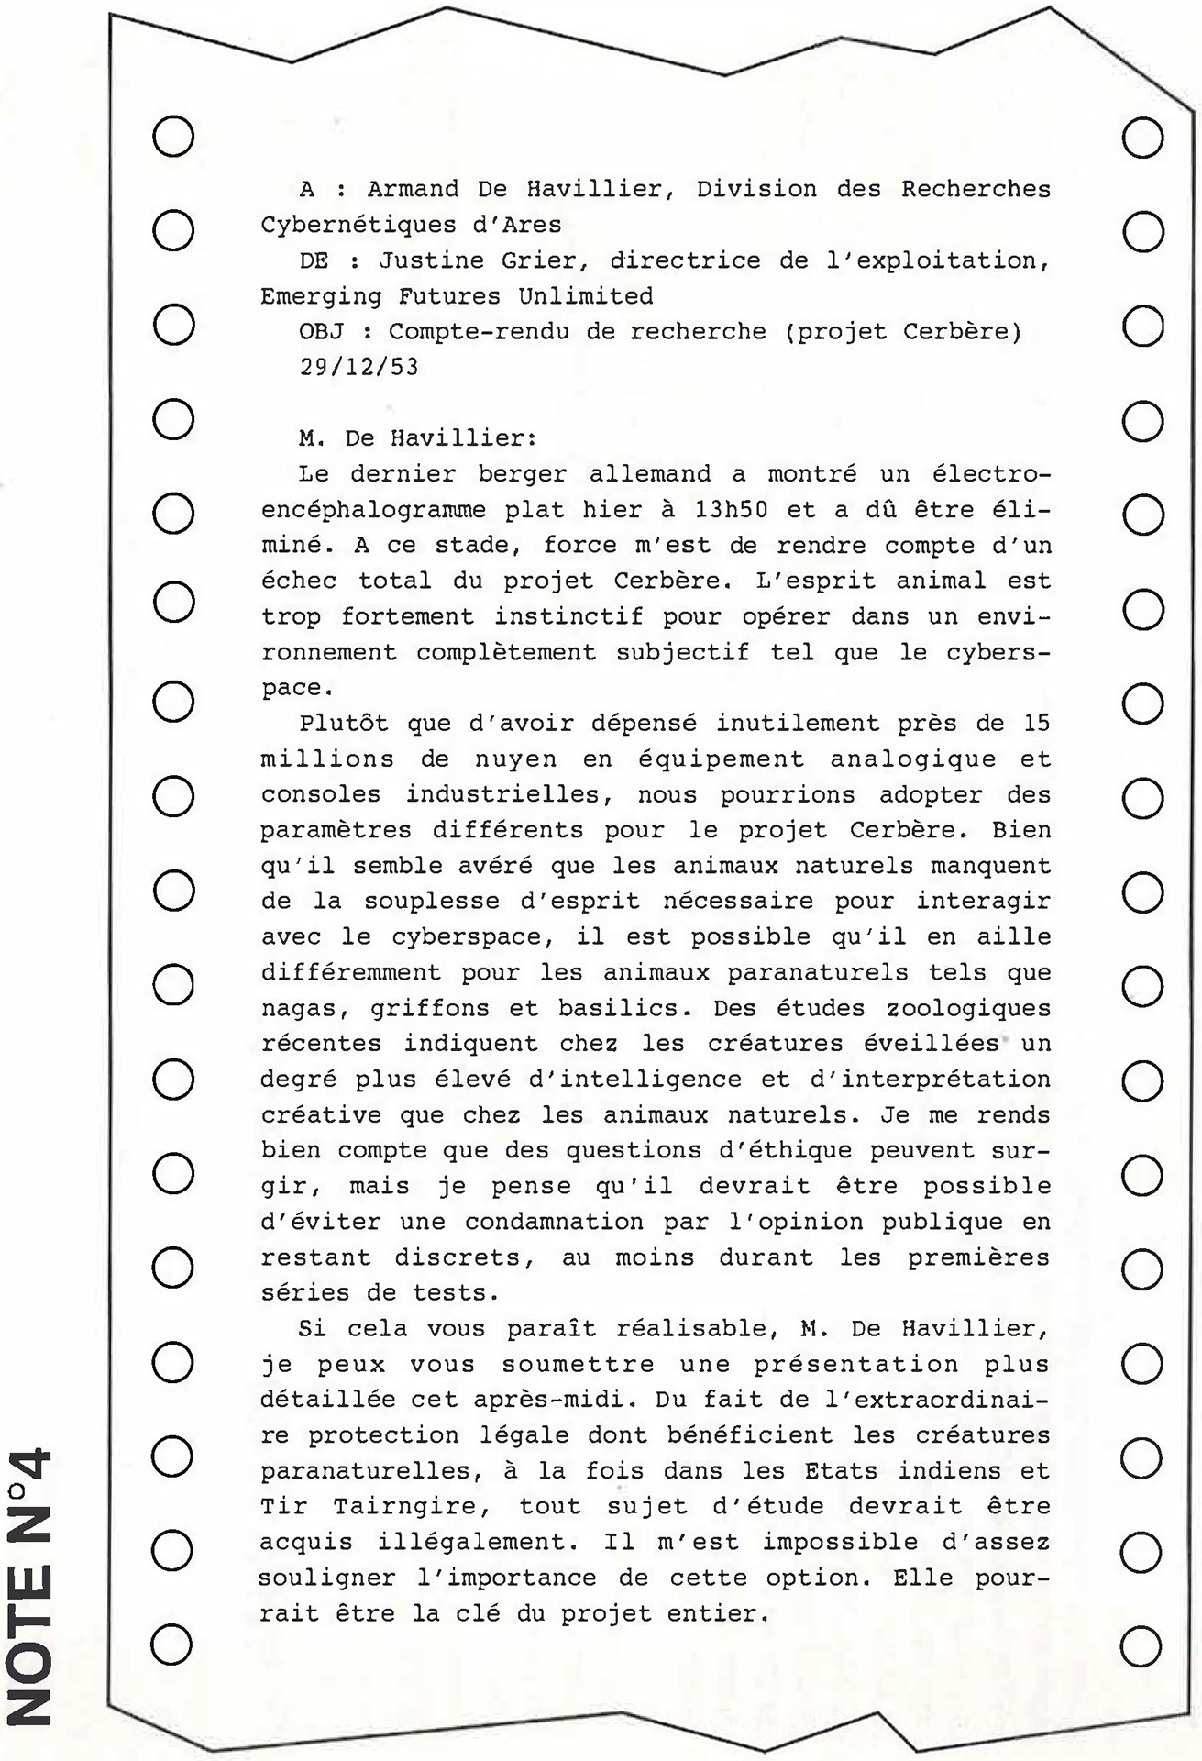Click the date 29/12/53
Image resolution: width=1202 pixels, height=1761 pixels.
click(358, 367)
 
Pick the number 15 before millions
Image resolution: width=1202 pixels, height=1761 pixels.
click(1036, 724)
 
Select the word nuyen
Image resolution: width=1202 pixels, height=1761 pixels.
click(515, 759)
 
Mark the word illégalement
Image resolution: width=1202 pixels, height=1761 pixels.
click(491, 1543)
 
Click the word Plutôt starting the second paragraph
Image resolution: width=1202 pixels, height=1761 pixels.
click(345, 724)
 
